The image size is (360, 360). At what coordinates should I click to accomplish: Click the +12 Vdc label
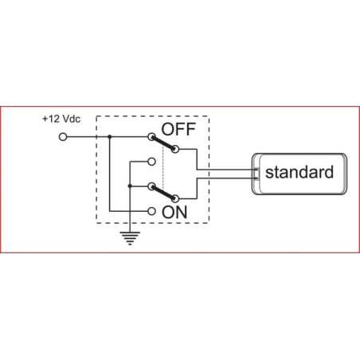[x=61, y=119]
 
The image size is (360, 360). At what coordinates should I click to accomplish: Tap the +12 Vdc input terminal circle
[x=63, y=137]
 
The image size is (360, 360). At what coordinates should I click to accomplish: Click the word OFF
[x=178, y=129]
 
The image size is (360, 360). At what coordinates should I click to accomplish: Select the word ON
[x=174, y=212]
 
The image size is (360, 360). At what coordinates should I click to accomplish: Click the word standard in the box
[x=299, y=172]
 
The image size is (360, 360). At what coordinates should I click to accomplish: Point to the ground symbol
[x=130, y=238]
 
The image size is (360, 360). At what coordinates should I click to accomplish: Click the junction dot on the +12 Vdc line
[x=110, y=137]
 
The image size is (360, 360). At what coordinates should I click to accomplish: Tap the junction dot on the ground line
[x=130, y=186]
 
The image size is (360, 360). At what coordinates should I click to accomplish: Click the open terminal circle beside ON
[x=151, y=211]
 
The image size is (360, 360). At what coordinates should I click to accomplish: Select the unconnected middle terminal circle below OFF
[x=151, y=162]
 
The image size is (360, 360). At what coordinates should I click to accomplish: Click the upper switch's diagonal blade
[x=163, y=143]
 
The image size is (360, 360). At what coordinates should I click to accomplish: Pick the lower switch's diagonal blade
[x=163, y=192]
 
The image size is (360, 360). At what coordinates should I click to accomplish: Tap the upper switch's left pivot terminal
[x=151, y=137]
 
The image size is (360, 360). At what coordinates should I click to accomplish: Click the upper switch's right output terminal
[x=174, y=149]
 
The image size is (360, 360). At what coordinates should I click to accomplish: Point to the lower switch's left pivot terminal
[x=151, y=186]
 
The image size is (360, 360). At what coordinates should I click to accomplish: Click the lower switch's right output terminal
[x=174, y=198]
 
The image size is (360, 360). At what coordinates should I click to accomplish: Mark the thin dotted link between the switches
[x=163, y=167]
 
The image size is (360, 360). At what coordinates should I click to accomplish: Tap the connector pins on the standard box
[x=256, y=174]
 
